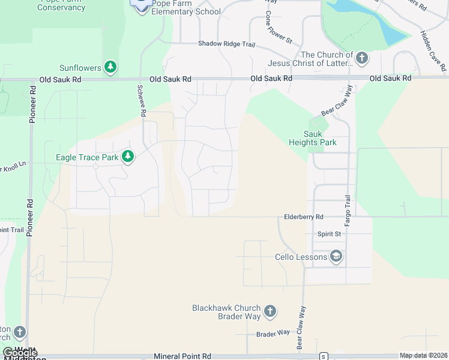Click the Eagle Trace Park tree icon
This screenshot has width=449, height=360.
click(128, 157)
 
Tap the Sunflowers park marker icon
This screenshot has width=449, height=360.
click(110, 68)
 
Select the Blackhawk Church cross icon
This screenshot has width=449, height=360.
click(270, 311)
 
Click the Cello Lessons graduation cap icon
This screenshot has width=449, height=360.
click(336, 257)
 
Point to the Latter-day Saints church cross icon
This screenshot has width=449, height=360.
click(361, 58)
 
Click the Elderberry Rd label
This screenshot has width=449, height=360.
click(304, 217)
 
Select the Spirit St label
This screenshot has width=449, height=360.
click(329, 233)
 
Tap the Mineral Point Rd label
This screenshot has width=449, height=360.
click(182, 356)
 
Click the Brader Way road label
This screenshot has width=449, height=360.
click(273, 332)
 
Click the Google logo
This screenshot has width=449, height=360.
click(20, 353)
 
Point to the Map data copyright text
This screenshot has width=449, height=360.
click(424, 356)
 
